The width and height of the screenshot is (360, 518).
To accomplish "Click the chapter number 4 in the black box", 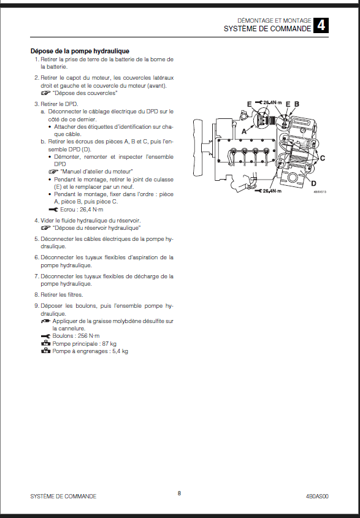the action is pos(321,25).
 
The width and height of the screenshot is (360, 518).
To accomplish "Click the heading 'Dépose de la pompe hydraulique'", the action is pos(80,51).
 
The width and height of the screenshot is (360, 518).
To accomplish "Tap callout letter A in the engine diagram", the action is pos(244,131).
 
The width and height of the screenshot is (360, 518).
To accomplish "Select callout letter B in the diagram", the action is pos(297,104).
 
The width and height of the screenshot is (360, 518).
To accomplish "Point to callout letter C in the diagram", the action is pos(323,158).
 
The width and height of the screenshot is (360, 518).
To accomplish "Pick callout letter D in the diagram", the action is pos(313,183).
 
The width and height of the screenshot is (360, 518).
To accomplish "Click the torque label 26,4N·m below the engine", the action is pos(272,191).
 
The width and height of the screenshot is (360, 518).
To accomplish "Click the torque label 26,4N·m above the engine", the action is pos(272,103).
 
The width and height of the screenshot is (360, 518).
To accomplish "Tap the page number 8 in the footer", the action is pos(180,493).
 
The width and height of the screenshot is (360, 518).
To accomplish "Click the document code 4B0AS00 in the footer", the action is pos(317,496).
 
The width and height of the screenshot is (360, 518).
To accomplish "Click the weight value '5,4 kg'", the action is pos(120,351).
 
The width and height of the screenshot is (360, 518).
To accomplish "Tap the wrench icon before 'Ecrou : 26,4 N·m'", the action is pos(53,210).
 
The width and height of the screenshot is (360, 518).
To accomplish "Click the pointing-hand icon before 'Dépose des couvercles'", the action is pos(45,93).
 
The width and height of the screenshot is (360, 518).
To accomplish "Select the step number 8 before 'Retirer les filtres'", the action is pos(36,295).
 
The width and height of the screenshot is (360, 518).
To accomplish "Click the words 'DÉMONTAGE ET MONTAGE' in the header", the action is pos(274,20).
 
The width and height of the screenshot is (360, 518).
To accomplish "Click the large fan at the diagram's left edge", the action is pos(198,147).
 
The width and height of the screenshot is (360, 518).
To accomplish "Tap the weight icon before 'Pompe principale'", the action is pos(45,343).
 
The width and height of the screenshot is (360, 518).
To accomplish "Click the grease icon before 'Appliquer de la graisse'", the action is pos(45,321).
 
